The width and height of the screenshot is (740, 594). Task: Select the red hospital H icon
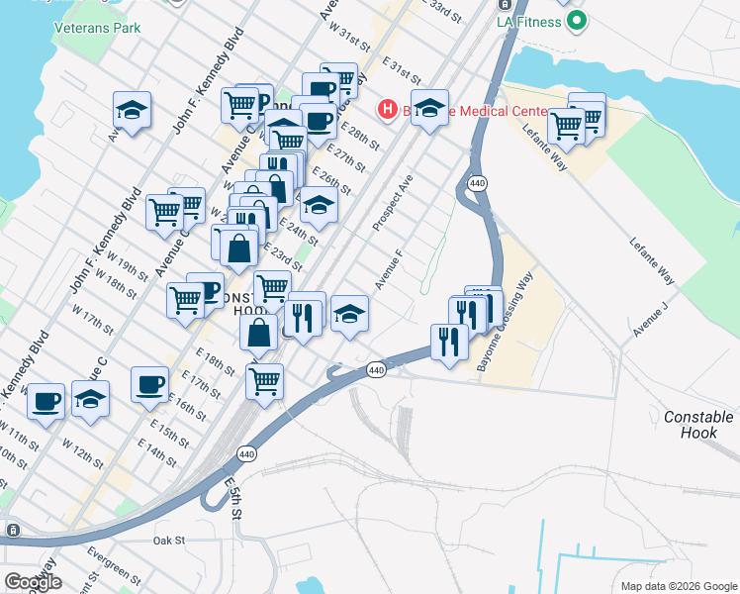click(x=388, y=109)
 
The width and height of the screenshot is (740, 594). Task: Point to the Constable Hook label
click(x=698, y=425)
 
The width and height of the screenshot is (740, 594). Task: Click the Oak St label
click(x=169, y=541)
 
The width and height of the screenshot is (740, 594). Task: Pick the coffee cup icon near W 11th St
click(x=46, y=401)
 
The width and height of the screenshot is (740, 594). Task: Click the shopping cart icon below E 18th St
click(x=264, y=380)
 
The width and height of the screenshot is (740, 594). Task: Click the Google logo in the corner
click(x=33, y=582)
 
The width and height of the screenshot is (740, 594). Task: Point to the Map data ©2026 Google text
click(x=678, y=586)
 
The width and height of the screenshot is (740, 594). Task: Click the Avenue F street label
click(x=389, y=268)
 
